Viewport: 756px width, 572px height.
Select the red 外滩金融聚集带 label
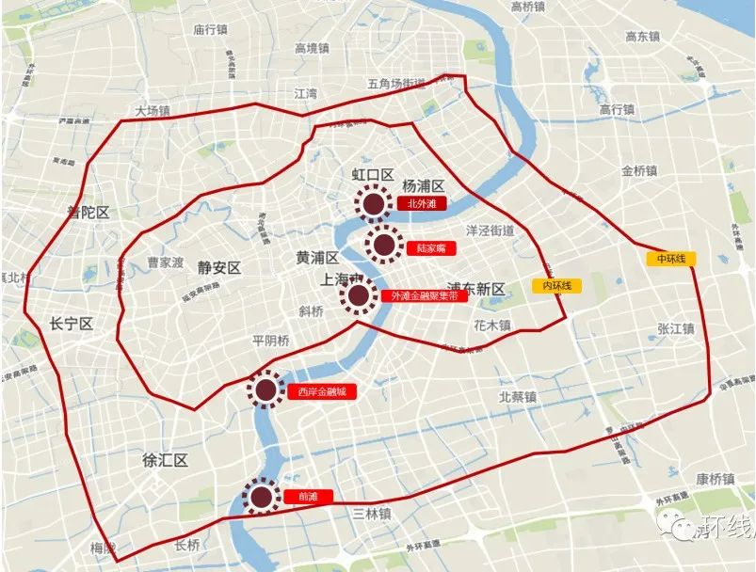click(424, 295)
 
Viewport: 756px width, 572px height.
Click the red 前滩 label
click(308, 497)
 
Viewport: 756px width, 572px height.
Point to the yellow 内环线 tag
click(556, 285)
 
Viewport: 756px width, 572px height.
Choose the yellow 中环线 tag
click(669, 257)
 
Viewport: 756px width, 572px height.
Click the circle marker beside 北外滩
click(373, 202)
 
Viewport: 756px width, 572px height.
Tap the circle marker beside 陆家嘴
click(383, 246)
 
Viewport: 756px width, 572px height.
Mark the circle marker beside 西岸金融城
click(266, 389)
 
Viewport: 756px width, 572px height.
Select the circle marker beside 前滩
click(260, 496)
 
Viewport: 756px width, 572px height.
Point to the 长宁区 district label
click(72, 324)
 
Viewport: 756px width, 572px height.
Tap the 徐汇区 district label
click(166, 461)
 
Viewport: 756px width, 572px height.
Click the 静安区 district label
click(219, 267)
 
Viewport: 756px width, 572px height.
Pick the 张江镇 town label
click(675, 328)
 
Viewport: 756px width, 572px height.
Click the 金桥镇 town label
click(640, 172)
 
